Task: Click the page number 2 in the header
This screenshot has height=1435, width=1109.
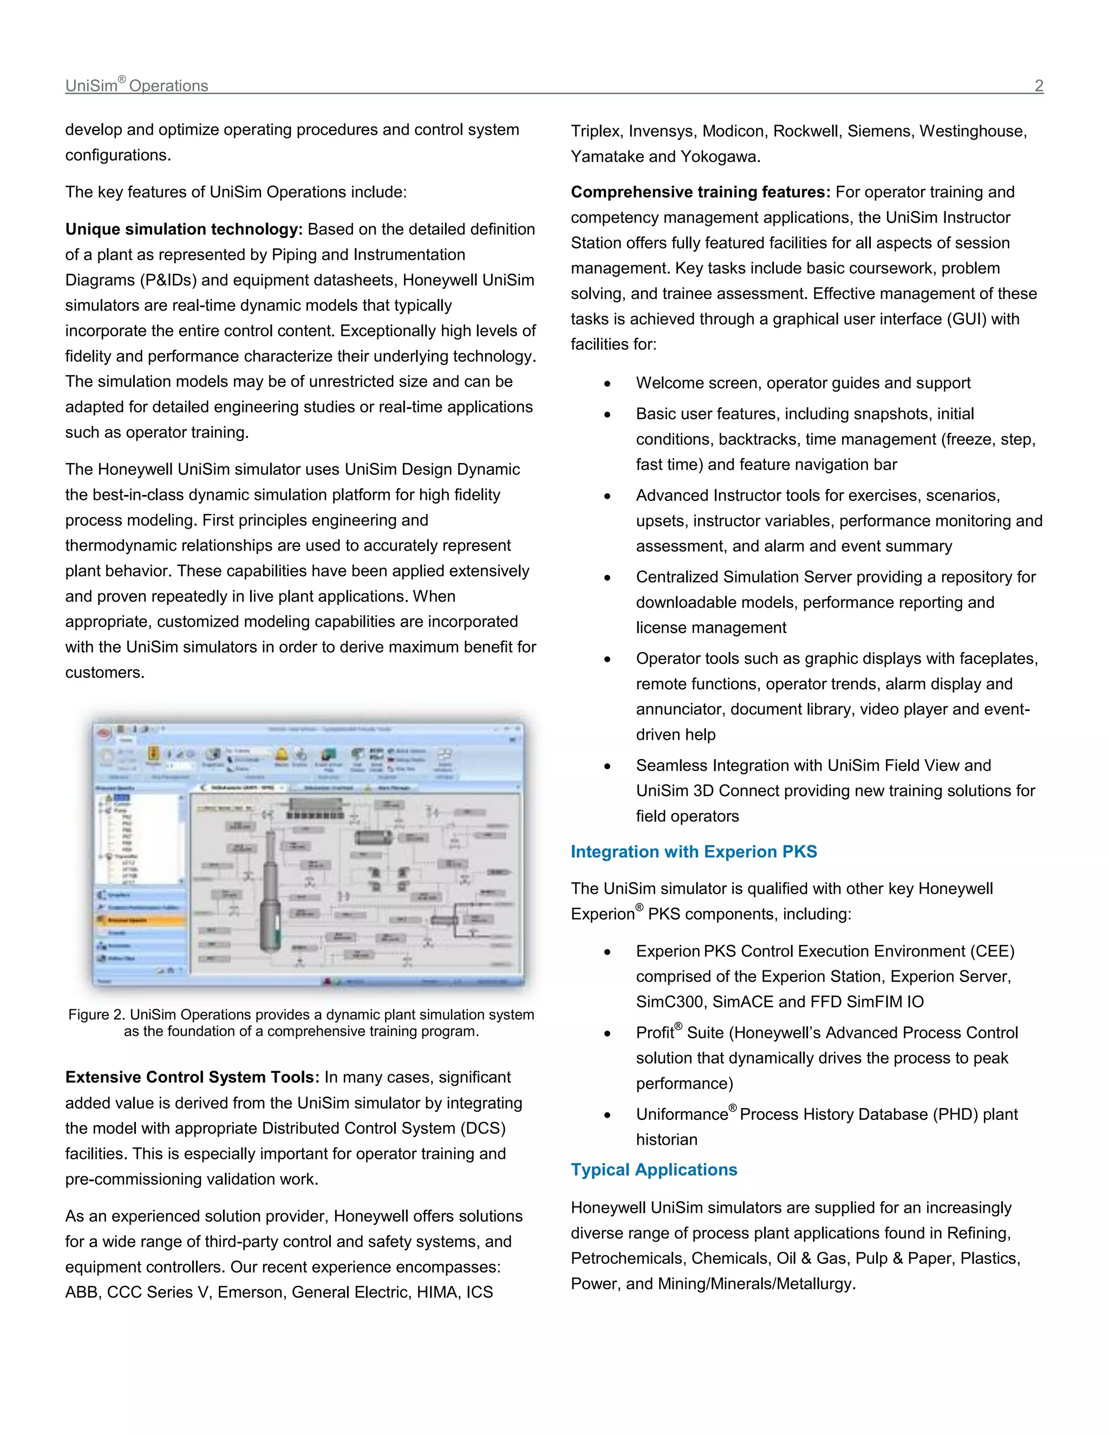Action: (1039, 86)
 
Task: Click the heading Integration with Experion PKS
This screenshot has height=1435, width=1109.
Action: (693, 852)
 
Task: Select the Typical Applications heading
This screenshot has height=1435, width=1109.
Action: (654, 1170)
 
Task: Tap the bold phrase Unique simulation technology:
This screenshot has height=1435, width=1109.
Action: (184, 229)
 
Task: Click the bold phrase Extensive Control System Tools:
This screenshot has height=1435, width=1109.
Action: (192, 1078)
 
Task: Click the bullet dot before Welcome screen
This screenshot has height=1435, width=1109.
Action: (608, 384)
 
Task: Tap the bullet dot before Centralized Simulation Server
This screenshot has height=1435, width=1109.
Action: (608, 578)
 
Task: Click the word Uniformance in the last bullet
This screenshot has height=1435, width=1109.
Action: (681, 1115)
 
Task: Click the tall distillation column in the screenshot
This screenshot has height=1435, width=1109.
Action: (269, 893)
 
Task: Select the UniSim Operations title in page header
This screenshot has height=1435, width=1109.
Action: (136, 86)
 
